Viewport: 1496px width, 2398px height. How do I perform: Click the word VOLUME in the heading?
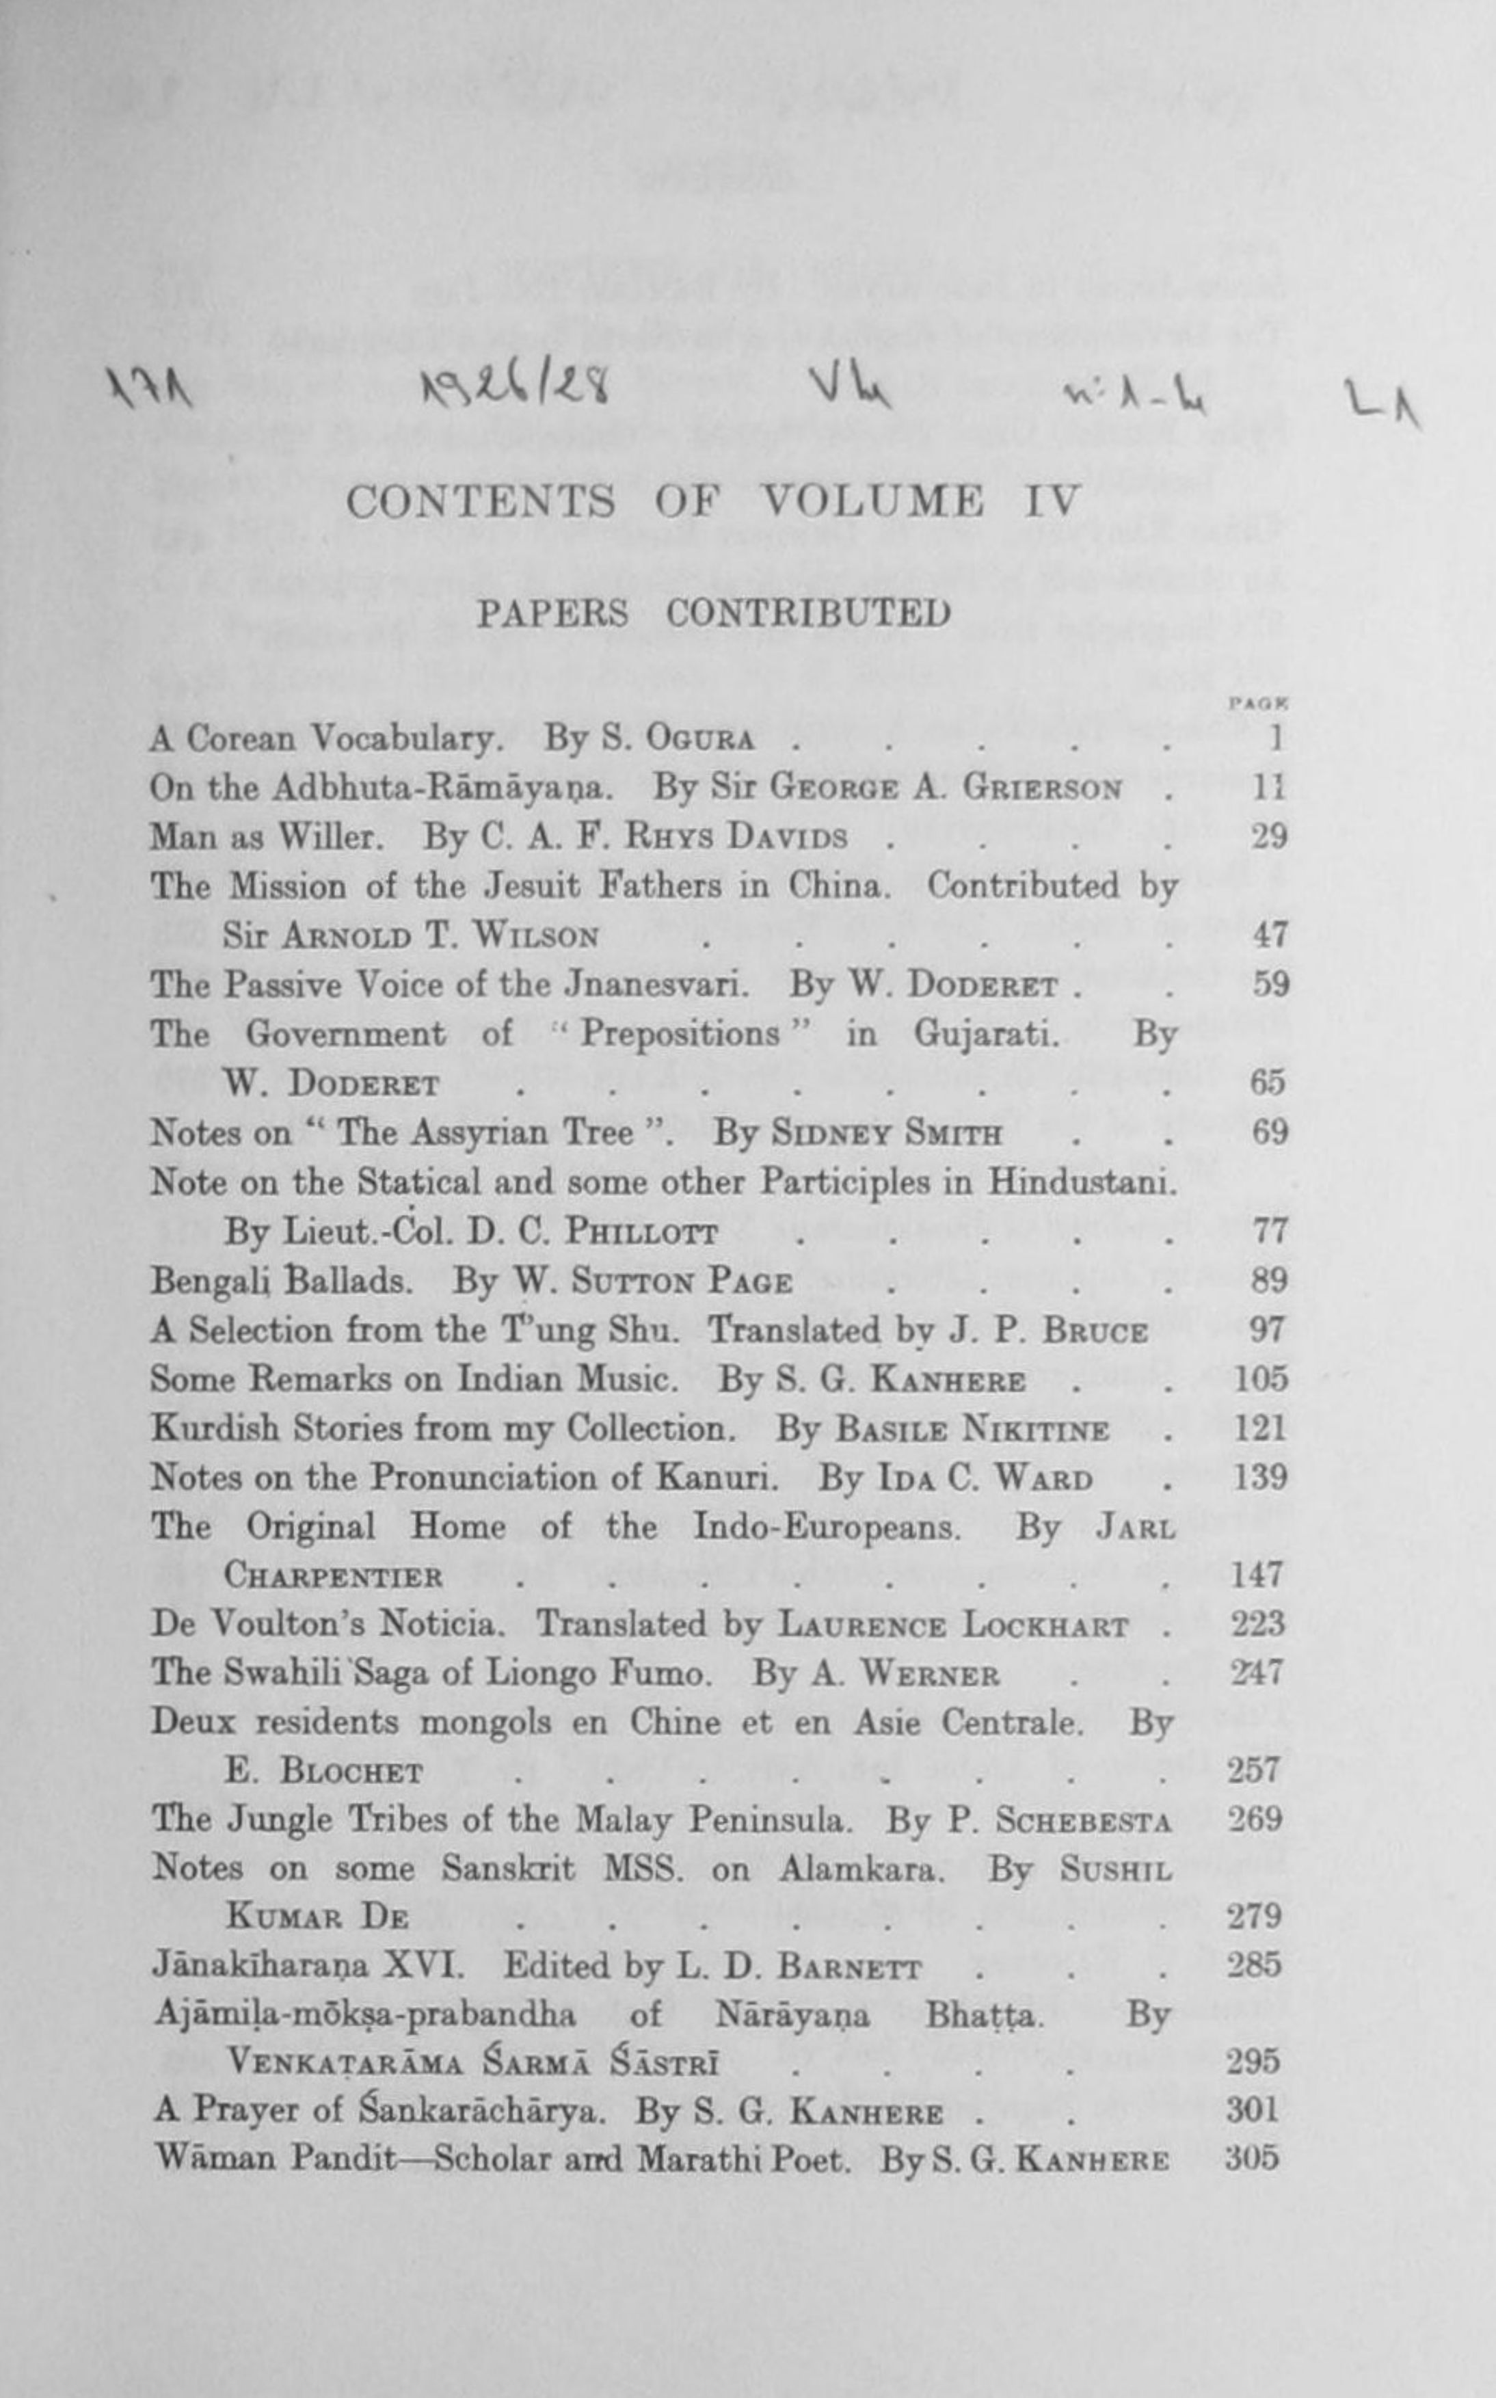[x=870, y=502]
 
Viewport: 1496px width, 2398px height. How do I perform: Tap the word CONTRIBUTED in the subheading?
[x=807, y=614]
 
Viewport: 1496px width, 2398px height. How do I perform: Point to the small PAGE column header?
[x=1257, y=704]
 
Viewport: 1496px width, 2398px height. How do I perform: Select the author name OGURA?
[x=699, y=739]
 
